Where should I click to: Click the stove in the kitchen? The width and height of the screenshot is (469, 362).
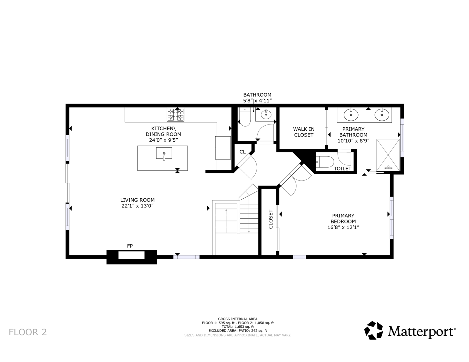tap(175, 115)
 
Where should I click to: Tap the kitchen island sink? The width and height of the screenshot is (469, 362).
tap(164, 153)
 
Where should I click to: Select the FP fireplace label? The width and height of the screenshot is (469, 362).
tap(130, 246)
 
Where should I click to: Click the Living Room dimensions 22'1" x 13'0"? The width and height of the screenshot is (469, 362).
tap(137, 206)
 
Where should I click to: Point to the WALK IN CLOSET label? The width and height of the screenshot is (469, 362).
tap(304, 132)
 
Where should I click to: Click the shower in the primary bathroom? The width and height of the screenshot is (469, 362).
tap(388, 155)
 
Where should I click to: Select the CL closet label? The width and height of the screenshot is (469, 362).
tap(242, 152)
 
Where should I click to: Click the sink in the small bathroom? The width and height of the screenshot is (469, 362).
tap(266, 115)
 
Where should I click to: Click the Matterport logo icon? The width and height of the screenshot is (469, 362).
tap(374, 330)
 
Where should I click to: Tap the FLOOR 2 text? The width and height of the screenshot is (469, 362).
tap(28, 332)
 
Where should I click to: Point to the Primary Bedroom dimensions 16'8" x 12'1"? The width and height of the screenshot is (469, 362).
tap(343, 227)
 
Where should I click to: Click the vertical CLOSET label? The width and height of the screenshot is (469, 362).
tap(271, 219)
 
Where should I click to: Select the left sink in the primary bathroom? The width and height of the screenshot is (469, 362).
tap(351, 115)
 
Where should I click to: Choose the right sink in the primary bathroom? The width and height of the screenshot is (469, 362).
tap(382, 115)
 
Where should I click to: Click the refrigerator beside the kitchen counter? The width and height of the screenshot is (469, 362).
tap(223, 148)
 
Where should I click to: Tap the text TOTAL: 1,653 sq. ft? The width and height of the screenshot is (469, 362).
tap(238, 327)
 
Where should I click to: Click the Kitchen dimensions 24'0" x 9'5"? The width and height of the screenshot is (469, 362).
tap(163, 140)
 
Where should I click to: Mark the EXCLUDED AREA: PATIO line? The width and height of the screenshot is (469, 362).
tap(238, 331)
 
